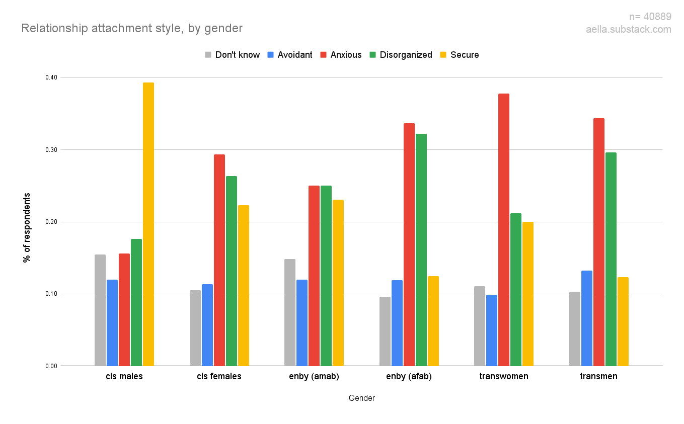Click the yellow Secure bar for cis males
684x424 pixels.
pyautogui.click(x=148, y=224)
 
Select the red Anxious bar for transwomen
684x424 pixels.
pyautogui.click(x=504, y=230)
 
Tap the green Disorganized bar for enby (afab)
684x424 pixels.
pyautogui.click(x=421, y=250)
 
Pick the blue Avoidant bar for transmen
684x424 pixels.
pyautogui.click(x=587, y=318)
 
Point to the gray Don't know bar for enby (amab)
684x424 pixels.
pyautogui.click(x=290, y=312)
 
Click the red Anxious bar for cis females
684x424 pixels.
pyautogui.click(x=219, y=260)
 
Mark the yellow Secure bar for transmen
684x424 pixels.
pyautogui.click(x=623, y=321)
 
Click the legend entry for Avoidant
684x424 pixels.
pyautogui.click(x=290, y=55)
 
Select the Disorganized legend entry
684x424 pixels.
pyautogui.click(x=401, y=55)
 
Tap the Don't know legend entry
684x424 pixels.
pyautogui.click(x=232, y=55)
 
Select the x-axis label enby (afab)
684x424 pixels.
pyautogui.click(x=409, y=376)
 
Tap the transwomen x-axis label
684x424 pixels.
pyautogui.click(x=504, y=376)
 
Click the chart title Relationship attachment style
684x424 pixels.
pyautogui.click(x=132, y=28)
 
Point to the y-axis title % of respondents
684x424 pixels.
pyautogui.click(x=27, y=227)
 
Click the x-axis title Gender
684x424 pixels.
pyautogui.click(x=361, y=398)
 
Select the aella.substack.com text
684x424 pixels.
pyautogui.click(x=628, y=30)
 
